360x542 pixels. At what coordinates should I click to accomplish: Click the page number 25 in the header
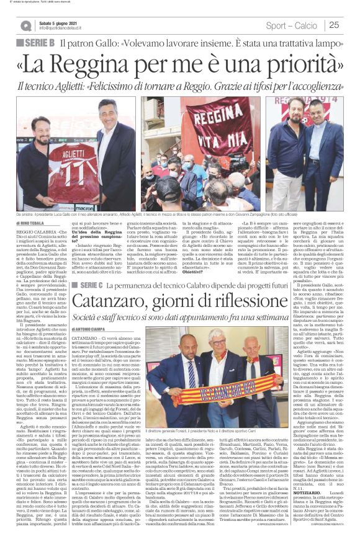(334, 25)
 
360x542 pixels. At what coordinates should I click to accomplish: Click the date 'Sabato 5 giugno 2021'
(60, 22)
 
